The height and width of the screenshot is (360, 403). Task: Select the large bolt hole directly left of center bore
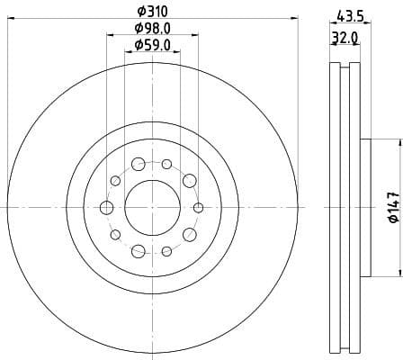[x=106, y=208]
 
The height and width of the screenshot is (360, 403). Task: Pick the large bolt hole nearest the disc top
[x=139, y=164]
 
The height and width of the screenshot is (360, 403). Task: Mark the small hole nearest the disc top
[x=166, y=164]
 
